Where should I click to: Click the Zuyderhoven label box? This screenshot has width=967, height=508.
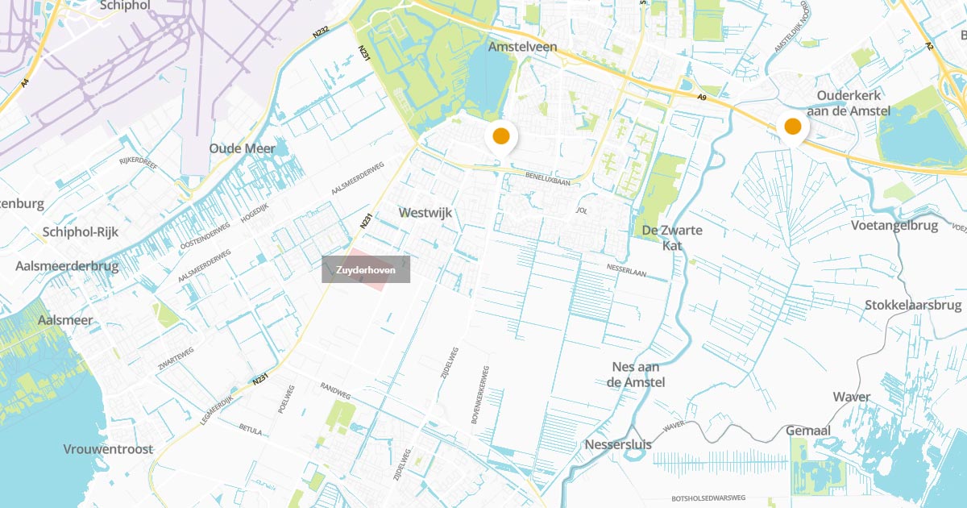tap(366, 270)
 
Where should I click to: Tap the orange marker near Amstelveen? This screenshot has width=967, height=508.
tap(500, 135)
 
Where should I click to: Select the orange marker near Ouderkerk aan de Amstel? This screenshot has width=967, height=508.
tap(793, 127)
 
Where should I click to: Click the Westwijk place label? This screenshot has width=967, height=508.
tap(425, 213)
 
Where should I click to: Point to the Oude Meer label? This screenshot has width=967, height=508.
tap(242, 148)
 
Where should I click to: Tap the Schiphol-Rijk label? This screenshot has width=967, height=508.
tap(81, 232)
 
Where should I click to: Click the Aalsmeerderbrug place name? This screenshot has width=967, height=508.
tap(67, 266)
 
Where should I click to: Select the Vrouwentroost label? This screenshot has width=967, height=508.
tap(108, 449)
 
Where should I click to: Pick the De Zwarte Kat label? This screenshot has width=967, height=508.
tap(672, 237)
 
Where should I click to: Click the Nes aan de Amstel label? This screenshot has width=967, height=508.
tap(636, 374)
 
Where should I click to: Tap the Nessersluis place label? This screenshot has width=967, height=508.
tap(618, 444)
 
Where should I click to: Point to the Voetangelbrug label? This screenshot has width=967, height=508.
tap(894, 226)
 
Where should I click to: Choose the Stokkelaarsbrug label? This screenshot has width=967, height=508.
tap(913, 306)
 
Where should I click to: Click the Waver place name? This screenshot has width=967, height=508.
tap(851, 397)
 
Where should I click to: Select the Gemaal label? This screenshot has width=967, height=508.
tap(807, 431)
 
